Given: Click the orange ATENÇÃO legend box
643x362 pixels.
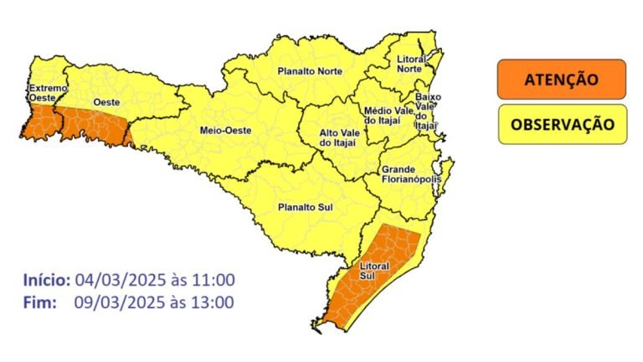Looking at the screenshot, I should tap(560, 80).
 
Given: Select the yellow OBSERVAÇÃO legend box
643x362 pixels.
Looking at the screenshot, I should tap(562, 124).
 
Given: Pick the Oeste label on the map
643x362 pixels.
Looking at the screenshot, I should tap(105, 101).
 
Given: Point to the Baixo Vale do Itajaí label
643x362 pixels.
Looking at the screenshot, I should tap(428, 111).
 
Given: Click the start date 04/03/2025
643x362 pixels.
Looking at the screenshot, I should tap(113, 280).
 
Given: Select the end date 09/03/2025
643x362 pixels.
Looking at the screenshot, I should tap(113, 302).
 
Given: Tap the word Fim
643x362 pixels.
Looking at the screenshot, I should tap(37, 302).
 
